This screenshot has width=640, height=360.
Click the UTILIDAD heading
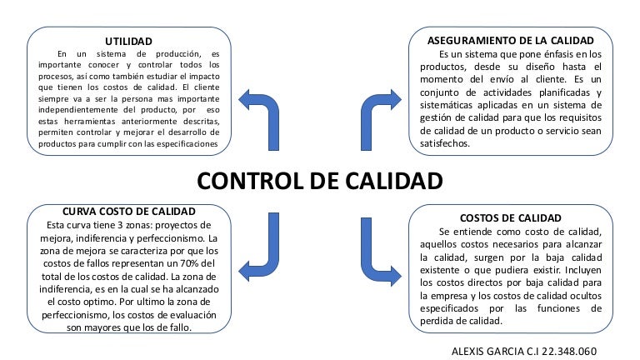click(x=128, y=41)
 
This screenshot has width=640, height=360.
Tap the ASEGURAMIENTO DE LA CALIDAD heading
click(x=510, y=40)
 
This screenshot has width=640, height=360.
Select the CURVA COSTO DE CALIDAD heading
click(x=128, y=212)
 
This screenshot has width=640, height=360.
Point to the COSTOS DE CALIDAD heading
click(x=510, y=217)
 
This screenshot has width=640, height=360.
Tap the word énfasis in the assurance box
click(x=527, y=52)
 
